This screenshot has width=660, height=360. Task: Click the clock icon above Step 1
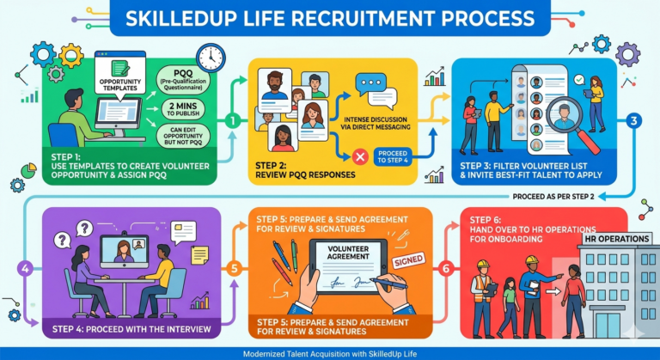click(x=209, y=58)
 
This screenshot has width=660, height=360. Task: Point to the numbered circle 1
click(x=232, y=120)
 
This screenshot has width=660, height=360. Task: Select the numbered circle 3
click(x=634, y=121)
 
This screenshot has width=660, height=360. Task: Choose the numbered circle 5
click(x=235, y=269)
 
